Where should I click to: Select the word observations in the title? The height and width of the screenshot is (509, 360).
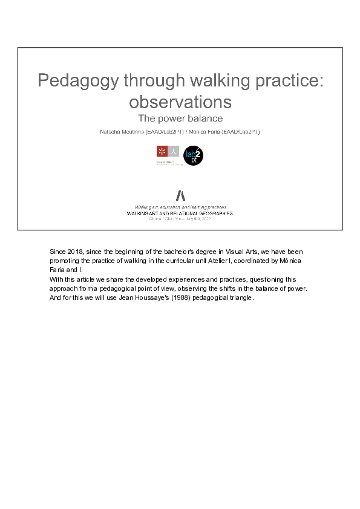180,100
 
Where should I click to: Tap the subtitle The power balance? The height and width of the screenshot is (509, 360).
180,118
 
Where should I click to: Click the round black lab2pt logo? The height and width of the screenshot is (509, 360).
193,156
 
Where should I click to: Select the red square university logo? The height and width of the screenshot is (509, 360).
162,151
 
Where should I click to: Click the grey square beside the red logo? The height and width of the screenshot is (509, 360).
174,151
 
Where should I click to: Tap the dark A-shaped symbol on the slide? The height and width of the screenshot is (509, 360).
180,195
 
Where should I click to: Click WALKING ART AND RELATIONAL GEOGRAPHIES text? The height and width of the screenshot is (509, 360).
180,213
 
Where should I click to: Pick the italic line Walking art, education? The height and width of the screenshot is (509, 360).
180,207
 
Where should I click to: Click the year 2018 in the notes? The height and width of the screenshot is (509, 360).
77,251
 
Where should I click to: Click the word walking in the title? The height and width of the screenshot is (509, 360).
216,81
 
